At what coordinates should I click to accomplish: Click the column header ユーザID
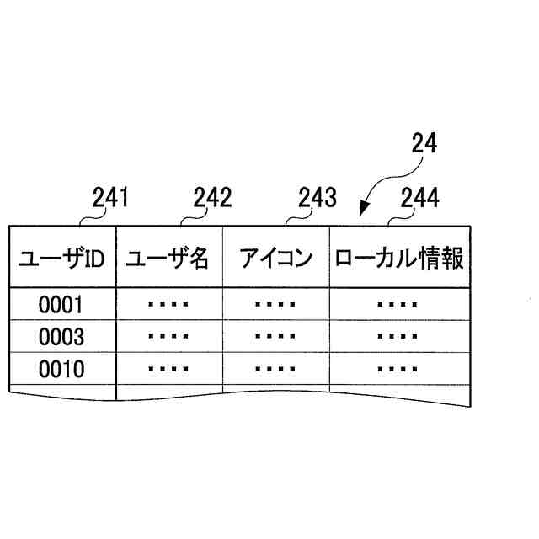pos(61,259)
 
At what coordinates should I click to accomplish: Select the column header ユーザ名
pos(168,259)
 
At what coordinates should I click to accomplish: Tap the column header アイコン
pos(275,259)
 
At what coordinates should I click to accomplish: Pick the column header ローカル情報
pos(399,259)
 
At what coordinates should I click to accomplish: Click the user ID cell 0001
pos(61,304)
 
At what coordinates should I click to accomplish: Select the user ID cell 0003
pos(61,337)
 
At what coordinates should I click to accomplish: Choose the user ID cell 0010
pos(61,369)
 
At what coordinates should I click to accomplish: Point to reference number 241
pos(109,198)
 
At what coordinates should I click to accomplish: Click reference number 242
pos(212,198)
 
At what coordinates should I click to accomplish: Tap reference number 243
pos(318,198)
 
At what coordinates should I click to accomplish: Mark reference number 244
pos(419,198)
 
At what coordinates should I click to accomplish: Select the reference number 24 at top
pos(424,144)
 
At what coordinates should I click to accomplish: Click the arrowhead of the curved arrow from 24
pos(364,211)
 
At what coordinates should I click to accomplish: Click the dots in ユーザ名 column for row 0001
pos(168,304)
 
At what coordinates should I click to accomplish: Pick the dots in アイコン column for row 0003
pos(275,337)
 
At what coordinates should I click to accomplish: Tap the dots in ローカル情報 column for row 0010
pos(398,369)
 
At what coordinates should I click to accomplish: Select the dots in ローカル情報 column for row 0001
pos(398,304)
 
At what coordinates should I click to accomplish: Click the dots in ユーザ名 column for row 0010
pos(168,369)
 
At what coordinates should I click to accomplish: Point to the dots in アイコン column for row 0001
pos(275,304)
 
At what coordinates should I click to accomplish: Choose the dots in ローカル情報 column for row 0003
pos(398,337)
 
